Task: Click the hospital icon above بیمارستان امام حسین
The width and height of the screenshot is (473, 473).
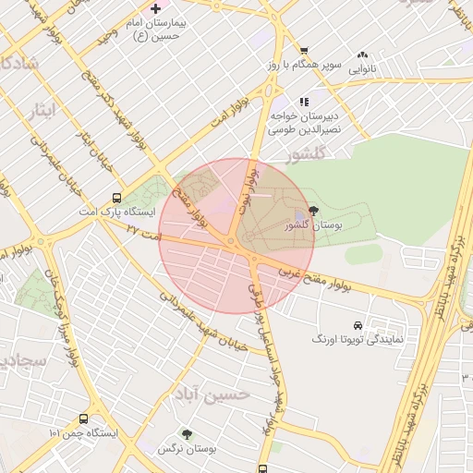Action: (x=155, y=7)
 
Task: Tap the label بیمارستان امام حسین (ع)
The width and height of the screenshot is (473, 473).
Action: (x=155, y=28)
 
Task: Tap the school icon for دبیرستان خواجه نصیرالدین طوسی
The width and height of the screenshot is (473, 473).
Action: (x=303, y=102)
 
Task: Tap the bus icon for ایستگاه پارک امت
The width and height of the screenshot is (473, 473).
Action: (x=116, y=197)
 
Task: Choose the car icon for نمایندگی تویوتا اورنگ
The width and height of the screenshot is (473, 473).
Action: (x=357, y=325)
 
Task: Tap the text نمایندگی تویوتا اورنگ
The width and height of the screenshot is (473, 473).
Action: (x=355, y=341)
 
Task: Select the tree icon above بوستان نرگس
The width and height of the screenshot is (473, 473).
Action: (x=187, y=433)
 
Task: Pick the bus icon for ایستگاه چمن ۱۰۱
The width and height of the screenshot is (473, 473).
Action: (x=84, y=418)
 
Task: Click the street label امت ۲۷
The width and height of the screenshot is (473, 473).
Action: (x=145, y=233)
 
